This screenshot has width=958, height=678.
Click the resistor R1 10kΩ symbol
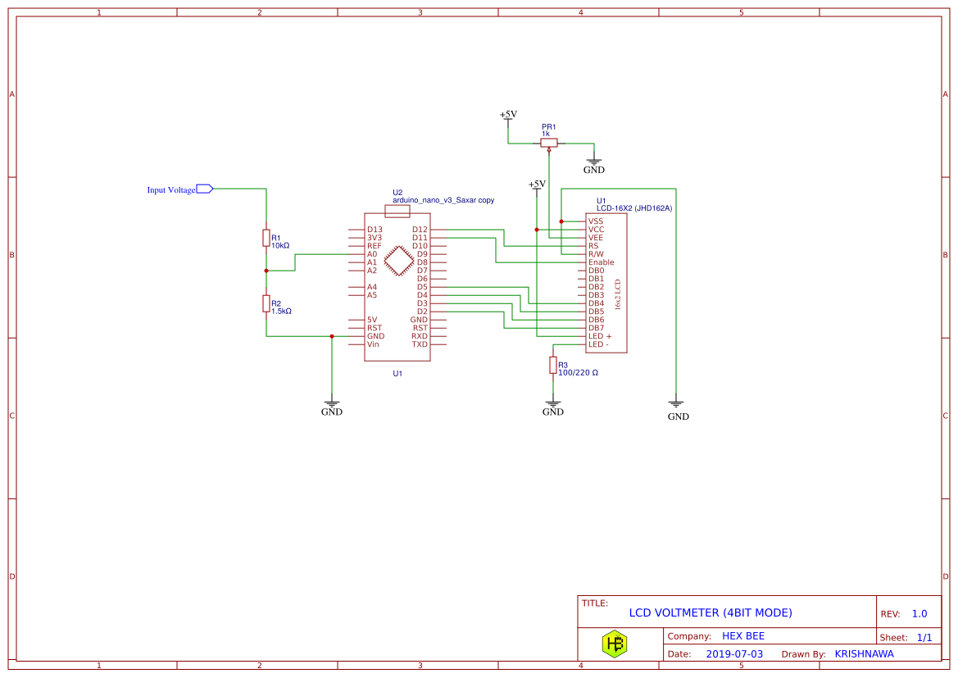click(x=266, y=238)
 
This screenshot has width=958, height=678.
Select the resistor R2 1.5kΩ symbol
click(x=266, y=303)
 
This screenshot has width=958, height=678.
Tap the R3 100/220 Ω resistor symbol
click(x=553, y=365)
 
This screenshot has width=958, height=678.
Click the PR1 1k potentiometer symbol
click(x=549, y=143)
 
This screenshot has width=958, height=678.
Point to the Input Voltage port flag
click(x=205, y=189)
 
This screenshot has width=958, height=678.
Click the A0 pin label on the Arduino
click(x=372, y=254)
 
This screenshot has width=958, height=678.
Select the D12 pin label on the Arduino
click(x=420, y=230)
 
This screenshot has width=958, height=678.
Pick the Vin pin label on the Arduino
click(x=373, y=344)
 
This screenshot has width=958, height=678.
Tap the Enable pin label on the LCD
click(x=601, y=262)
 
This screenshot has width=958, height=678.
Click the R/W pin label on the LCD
click(x=596, y=254)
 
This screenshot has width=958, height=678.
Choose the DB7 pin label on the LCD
click(x=596, y=328)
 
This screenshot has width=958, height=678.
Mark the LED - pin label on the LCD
click(x=598, y=344)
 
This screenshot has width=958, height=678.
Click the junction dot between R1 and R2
click(x=266, y=271)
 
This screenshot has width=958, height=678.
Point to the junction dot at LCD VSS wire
click(x=561, y=221)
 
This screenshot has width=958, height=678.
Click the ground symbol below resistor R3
click(x=553, y=404)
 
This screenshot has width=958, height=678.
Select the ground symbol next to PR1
click(x=594, y=162)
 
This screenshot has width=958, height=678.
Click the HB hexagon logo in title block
click(x=615, y=644)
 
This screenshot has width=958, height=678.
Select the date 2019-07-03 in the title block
click(x=734, y=654)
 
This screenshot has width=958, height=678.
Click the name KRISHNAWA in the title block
click(x=864, y=654)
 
